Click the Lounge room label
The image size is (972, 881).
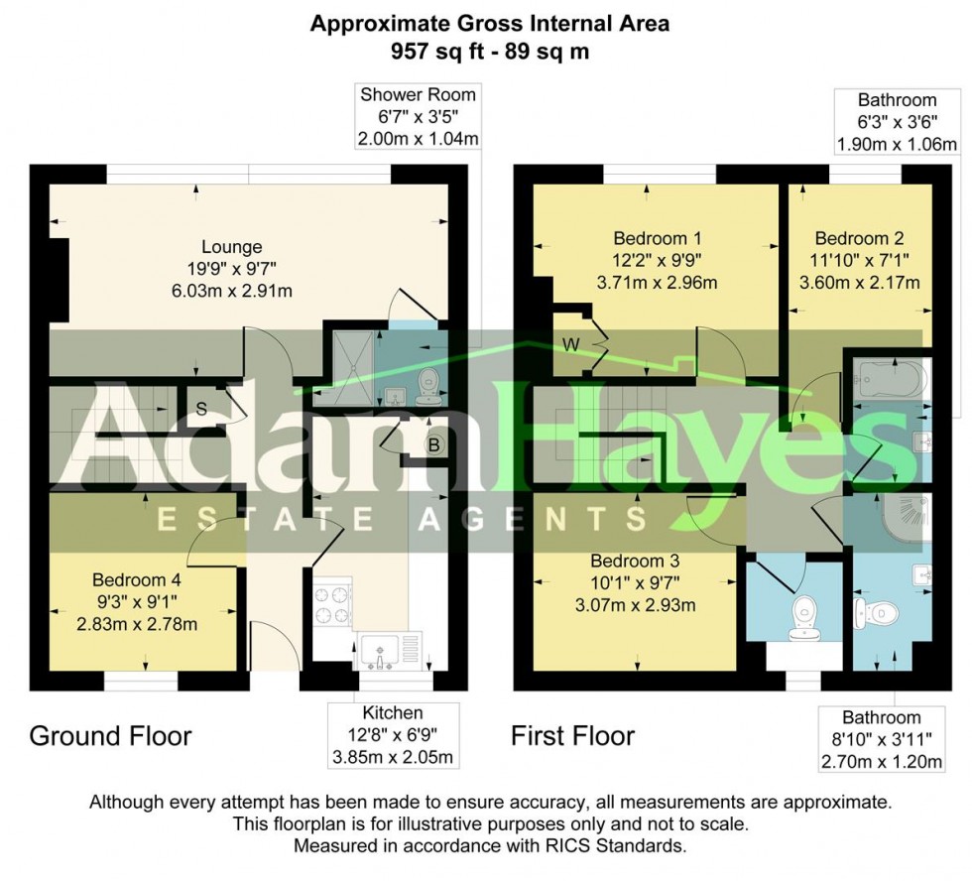[x=232, y=247]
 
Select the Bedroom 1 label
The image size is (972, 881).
[x=658, y=239]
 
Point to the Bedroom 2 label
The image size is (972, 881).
[x=859, y=239]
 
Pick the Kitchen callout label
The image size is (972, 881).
[x=393, y=713]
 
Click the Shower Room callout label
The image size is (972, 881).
[x=418, y=96]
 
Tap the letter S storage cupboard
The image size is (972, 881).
[x=201, y=408]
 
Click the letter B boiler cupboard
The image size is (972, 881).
[x=433, y=445]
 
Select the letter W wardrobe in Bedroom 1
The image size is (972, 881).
[x=570, y=344]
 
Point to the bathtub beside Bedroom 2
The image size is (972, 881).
[x=890, y=379]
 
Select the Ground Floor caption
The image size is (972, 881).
[x=110, y=736]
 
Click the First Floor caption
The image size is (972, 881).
[x=572, y=736]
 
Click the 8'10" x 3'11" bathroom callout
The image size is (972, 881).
[x=881, y=739]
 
